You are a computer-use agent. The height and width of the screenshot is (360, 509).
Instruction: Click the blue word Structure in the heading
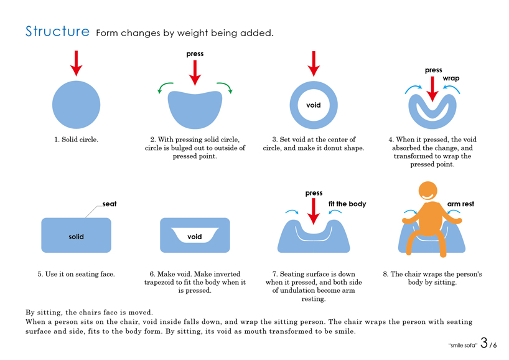click(x=57, y=32)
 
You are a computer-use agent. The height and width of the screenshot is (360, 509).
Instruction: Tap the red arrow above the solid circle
click(x=77, y=64)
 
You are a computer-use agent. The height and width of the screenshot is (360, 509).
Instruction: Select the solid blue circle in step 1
click(x=77, y=105)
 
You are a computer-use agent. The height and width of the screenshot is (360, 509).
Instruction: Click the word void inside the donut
click(x=313, y=105)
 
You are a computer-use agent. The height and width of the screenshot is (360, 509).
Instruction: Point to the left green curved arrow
click(x=165, y=87)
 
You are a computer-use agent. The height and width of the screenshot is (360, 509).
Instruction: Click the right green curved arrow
click(x=225, y=87)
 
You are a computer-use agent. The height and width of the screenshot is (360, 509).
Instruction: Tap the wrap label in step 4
click(x=451, y=78)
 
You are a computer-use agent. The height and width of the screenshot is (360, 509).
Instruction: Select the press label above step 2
click(x=195, y=54)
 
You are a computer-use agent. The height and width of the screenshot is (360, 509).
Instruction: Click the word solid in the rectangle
click(x=77, y=237)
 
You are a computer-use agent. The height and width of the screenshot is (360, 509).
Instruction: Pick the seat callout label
click(x=110, y=204)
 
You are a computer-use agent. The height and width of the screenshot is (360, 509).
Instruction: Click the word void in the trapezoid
click(x=194, y=237)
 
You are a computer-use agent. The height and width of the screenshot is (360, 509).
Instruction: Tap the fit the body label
click(x=347, y=204)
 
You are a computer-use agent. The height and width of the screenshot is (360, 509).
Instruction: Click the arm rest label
click(x=460, y=204)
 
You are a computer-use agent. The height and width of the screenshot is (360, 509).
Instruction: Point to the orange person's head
click(x=428, y=191)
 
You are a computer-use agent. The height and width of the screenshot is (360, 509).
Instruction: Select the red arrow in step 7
click(x=314, y=211)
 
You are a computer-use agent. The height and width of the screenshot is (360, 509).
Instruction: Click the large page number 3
click(x=484, y=343)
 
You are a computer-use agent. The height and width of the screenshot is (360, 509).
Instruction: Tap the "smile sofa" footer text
click(x=463, y=345)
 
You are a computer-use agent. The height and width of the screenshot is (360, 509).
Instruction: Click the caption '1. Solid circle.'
click(x=77, y=140)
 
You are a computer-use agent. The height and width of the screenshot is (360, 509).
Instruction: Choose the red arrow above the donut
click(x=314, y=64)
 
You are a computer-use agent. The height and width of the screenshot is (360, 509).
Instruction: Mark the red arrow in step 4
click(x=432, y=89)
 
